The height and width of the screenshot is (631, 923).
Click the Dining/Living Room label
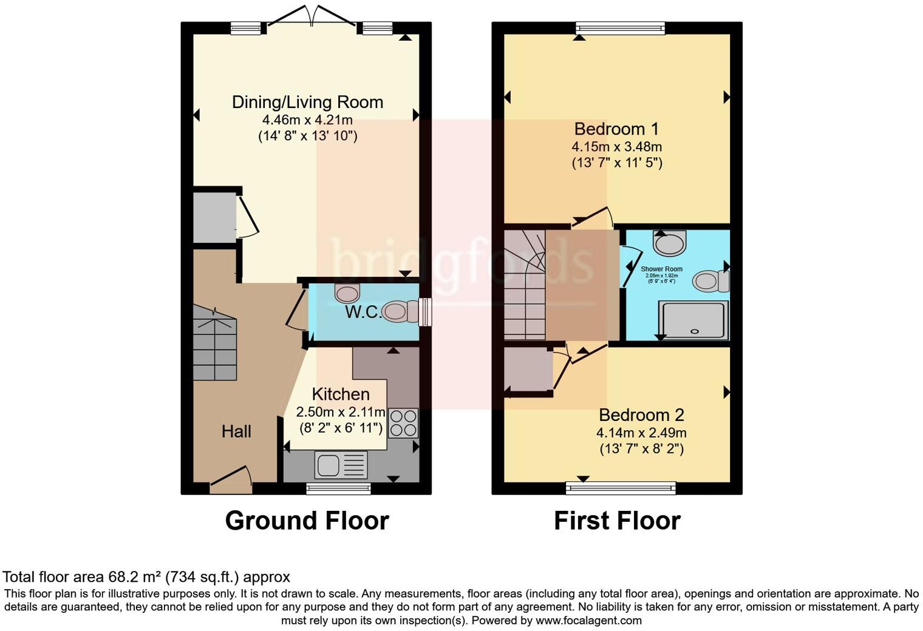(x=307, y=102)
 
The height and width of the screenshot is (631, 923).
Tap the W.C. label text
(x=363, y=312)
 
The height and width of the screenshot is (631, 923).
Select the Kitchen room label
(x=341, y=394)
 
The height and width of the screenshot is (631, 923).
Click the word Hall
(x=236, y=431)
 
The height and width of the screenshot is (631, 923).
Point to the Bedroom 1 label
(x=616, y=129)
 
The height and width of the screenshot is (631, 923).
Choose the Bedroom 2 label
(x=641, y=415)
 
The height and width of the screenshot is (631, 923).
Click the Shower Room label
(x=661, y=269)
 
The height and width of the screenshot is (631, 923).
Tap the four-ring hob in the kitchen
(x=403, y=423)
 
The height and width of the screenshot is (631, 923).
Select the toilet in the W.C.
(x=400, y=312)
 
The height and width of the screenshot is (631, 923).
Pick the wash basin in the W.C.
(x=347, y=293)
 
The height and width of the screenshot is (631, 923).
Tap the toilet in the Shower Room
(x=710, y=282)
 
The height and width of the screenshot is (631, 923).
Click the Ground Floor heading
(x=307, y=521)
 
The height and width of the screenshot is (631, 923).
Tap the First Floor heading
(x=617, y=521)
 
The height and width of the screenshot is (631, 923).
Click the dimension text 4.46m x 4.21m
(x=307, y=120)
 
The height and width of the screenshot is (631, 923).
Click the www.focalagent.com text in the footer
(x=588, y=621)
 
